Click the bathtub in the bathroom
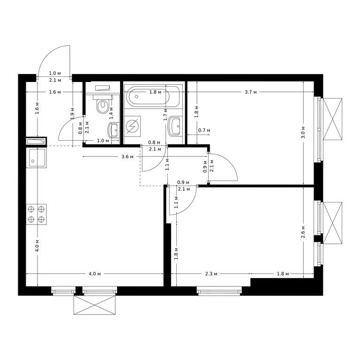(x=153, y=97)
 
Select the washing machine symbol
(x=132, y=126)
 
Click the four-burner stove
(x=36, y=214)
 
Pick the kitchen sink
(x=36, y=158)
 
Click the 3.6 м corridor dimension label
(x=127, y=157)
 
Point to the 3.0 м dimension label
(x=303, y=132)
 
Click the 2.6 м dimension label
(x=303, y=232)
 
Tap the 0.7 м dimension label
(x=204, y=130)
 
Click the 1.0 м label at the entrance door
(x=55, y=73)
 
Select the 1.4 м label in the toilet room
(x=111, y=112)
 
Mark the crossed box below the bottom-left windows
(x=94, y=305)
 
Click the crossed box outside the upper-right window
(x=332, y=119)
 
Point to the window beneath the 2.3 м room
(x=219, y=291)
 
